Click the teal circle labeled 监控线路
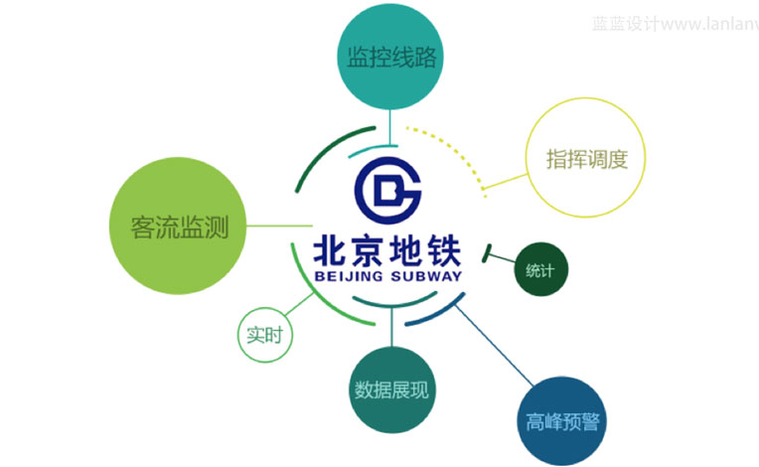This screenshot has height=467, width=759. tap(391, 58)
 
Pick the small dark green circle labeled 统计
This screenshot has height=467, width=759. tap(539, 269)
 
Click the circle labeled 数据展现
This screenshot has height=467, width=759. tap(391, 389)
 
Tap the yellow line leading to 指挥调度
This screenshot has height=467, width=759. tap(504, 182)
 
